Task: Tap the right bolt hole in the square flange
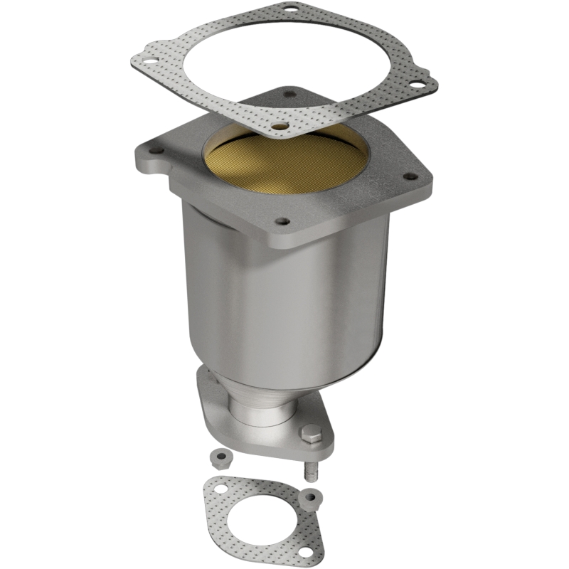pos(410,176)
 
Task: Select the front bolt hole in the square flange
pos(282,222)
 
